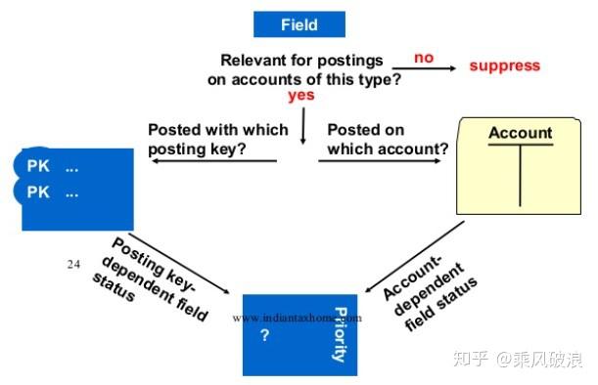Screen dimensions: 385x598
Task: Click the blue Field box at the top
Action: [299, 24]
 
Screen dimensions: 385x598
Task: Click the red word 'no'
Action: [423, 58]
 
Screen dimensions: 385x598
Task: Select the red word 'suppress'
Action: [504, 65]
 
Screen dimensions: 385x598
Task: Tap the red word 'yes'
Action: [301, 97]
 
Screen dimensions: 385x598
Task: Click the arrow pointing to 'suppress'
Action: [430, 69]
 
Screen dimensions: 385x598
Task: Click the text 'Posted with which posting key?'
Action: [217, 139]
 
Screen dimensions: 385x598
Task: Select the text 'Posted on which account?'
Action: [388, 139]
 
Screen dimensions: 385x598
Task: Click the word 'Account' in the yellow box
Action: [520, 133]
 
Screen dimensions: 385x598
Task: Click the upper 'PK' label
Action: [38, 167]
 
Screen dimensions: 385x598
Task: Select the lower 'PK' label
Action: [38, 192]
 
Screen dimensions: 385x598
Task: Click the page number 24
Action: [73, 264]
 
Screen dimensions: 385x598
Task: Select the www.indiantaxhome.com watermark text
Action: [298, 318]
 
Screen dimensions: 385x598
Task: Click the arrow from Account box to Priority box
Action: [413, 256]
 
